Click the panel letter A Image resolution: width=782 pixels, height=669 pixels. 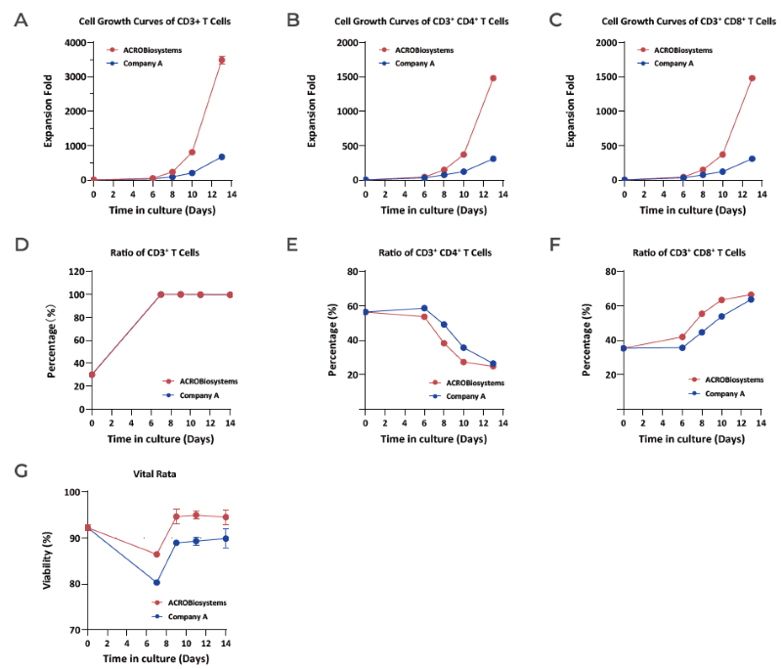21,20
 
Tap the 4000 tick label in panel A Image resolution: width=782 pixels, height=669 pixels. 73,43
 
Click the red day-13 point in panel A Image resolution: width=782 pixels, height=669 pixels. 222,61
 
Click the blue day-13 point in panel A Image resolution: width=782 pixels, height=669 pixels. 222,156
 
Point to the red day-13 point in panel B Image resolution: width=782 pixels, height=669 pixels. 494,78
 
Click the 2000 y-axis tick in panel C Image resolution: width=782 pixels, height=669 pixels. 602,43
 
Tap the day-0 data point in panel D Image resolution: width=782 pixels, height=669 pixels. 93,375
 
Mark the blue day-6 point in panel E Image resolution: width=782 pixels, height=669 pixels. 424,308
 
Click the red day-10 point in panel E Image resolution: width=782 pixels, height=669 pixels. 464,362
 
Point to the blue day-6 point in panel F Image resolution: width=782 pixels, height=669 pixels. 682,347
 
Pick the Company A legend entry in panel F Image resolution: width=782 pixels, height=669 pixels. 724,392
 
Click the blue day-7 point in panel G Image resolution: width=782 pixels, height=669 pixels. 156,582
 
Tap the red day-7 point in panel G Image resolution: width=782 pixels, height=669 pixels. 156,555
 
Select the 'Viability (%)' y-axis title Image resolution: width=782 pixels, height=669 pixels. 47,559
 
